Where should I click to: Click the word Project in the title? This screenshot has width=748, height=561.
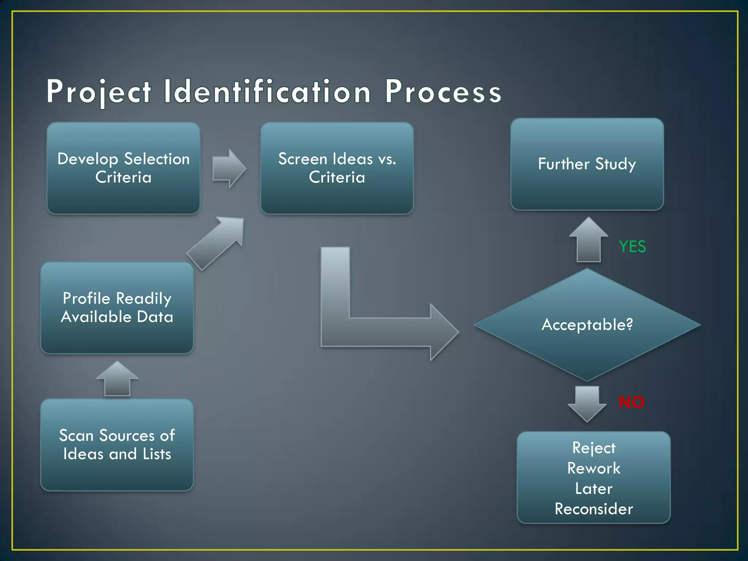click(x=99, y=92)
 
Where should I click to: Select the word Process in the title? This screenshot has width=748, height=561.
click(x=443, y=92)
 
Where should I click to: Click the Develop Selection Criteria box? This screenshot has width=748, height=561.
click(x=123, y=168)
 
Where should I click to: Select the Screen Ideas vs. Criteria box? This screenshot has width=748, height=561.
click(x=337, y=168)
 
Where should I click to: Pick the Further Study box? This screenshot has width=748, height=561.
click(x=587, y=164)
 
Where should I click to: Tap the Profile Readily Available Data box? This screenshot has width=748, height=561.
click(x=117, y=308)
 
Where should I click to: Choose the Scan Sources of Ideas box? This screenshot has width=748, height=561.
click(x=117, y=444)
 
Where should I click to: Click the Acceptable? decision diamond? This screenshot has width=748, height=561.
click(x=587, y=325)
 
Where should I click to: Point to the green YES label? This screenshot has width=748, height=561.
click(x=632, y=247)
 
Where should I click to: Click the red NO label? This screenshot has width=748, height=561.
click(x=631, y=402)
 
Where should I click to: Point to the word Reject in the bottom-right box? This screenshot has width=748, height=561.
click(x=594, y=448)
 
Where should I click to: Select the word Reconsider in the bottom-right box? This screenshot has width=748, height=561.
click(x=594, y=509)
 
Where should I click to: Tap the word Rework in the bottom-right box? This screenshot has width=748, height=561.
click(x=594, y=468)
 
